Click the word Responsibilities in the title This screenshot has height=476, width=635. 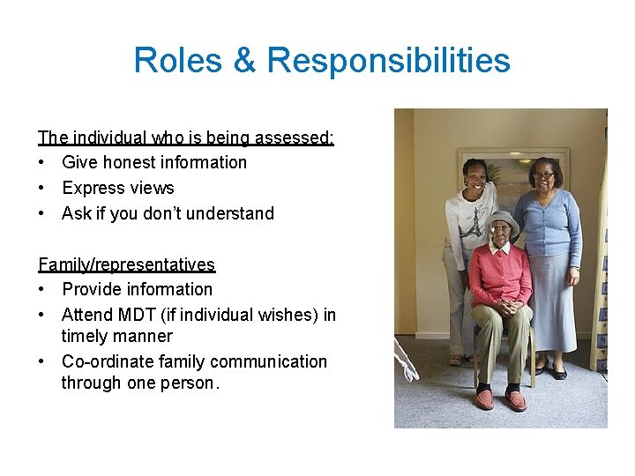pyautogui.click(x=388, y=61)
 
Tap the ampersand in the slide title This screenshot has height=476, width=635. pyautogui.click(x=242, y=61)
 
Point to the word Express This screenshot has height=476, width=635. pyautogui.click(x=93, y=188)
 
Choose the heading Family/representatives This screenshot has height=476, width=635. pyautogui.click(x=126, y=264)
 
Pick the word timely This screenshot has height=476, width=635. pyautogui.click(x=86, y=336)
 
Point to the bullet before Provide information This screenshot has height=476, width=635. pyautogui.click(x=42, y=290)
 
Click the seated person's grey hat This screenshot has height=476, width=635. pyautogui.click(x=501, y=217)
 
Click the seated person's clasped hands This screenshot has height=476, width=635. pyautogui.click(x=503, y=308)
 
